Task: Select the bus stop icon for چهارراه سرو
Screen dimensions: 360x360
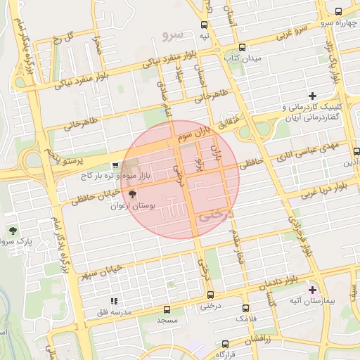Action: point(339,11)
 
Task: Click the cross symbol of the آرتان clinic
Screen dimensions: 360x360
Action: point(313,95)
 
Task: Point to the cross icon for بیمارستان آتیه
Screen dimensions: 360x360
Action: point(313,289)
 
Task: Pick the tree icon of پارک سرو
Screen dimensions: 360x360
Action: point(12,231)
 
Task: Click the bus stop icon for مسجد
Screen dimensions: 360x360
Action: point(167,309)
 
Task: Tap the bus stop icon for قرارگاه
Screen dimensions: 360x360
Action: point(225,344)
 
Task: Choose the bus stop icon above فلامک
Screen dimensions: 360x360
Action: point(244,308)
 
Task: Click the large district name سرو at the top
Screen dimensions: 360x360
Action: point(172,33)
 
